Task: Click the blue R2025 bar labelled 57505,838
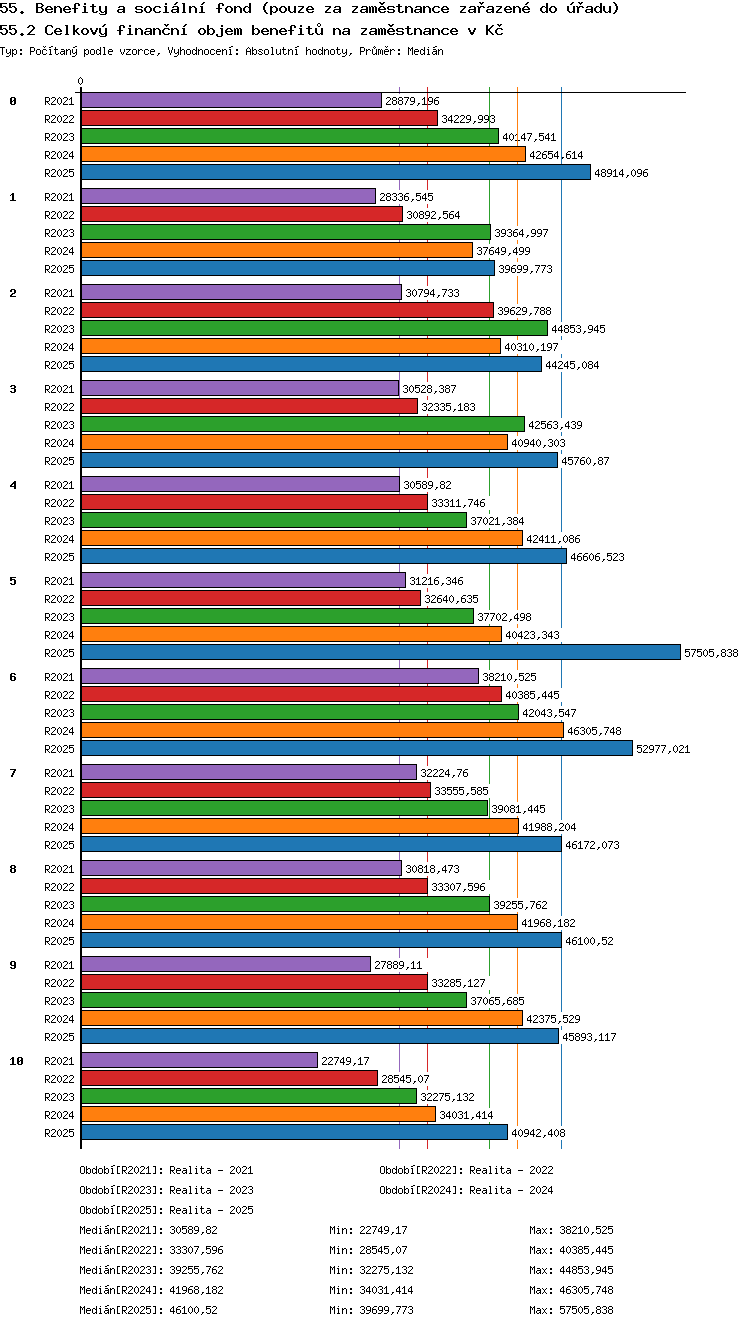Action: coord(381,652)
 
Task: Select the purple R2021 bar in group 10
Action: coord(199,1060)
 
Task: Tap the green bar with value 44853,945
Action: coord(314,328)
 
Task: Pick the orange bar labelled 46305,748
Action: coord(322,730)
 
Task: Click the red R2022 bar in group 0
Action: coord(259,119)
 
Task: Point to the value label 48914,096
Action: coord(621,173)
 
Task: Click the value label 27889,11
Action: coord(398,965)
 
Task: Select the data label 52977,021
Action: coord(663,749)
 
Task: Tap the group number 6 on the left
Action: coord(13,677)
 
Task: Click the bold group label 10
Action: coord(16,1061)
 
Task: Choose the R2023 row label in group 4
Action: coord(59,521)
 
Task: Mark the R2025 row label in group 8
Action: coord(59,941)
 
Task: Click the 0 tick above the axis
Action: coord(81,81)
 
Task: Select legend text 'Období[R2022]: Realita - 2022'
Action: coord(466,1170)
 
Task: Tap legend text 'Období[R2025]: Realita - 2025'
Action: coord(166,1210)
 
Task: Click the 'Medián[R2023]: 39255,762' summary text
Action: coord(151,1270)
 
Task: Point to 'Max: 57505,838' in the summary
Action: coord(571,1310)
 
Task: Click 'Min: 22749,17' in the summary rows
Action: coord(368,1230)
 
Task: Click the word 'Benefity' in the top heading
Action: coord(72,9)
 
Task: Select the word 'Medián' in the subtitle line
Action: coord(425,52)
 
